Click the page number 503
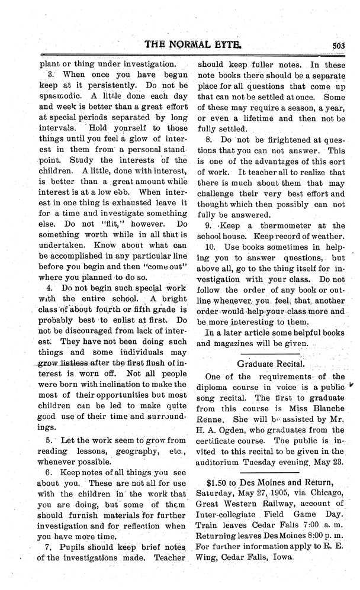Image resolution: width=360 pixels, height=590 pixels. point(339,49)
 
